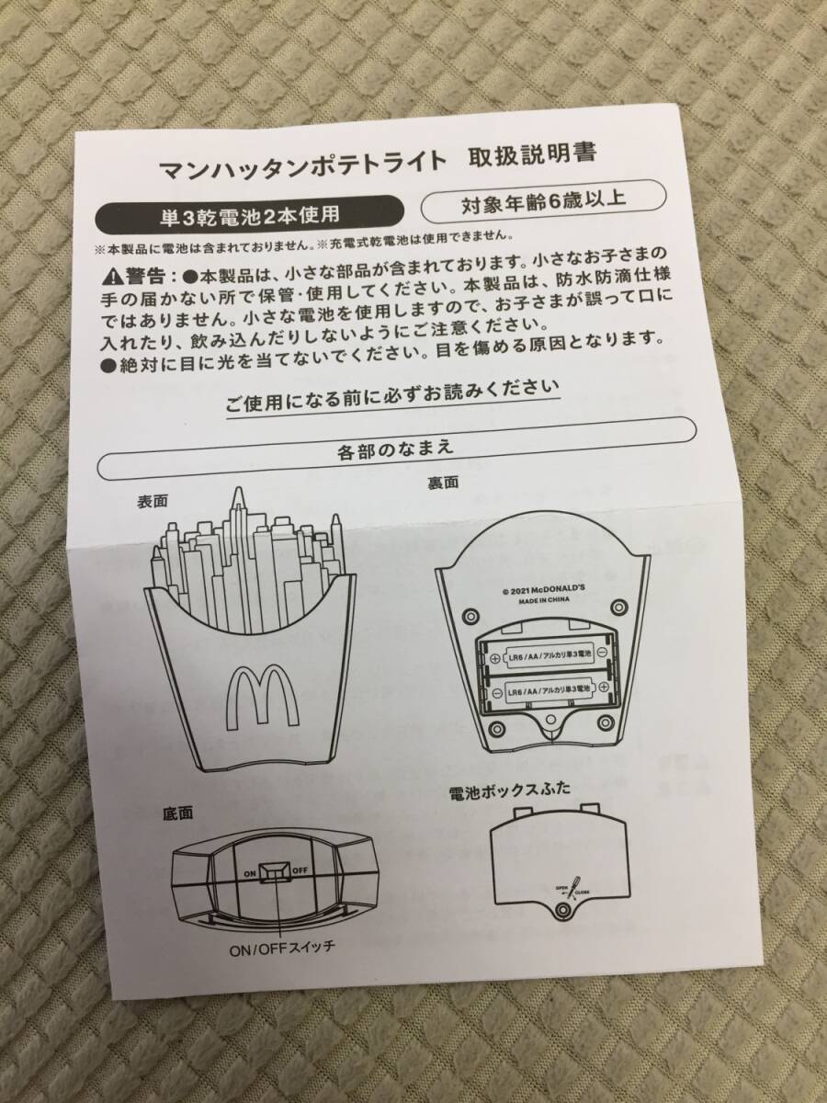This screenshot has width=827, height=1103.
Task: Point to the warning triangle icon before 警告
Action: click(x=112, y=275)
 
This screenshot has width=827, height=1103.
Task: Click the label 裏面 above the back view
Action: click(x=441, y=482)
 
